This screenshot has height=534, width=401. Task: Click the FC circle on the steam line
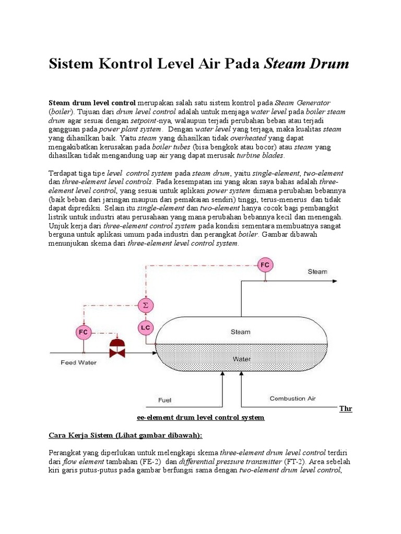[265, 265]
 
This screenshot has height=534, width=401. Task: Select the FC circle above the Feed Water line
[82, 332]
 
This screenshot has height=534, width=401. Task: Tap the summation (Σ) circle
[146, 305]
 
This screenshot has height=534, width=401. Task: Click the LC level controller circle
[146, 327]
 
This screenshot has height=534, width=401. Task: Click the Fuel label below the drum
[164, 400]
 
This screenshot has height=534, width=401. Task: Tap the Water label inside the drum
[241, 359]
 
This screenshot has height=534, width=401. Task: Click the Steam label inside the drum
[240, 332]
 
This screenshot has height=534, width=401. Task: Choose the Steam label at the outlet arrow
[317, 272]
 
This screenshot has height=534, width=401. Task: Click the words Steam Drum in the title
[307, 65]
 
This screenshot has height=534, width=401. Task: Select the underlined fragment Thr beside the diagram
[346, 408]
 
